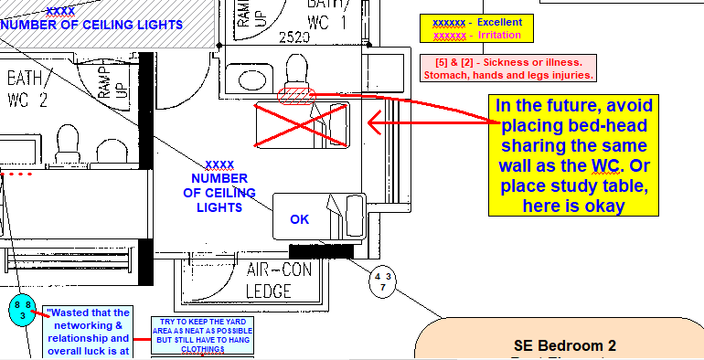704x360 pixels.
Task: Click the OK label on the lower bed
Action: (x=300, y=219)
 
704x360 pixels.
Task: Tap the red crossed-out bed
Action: (x=303, y=124)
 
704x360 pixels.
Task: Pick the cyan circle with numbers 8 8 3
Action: (x=22, y=310)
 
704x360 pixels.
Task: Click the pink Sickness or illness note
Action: (x=508, y=68)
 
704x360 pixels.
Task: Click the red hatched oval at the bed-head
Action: (x=294, y=93)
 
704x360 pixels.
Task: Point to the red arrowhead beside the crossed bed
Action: (x=372, y=120)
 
